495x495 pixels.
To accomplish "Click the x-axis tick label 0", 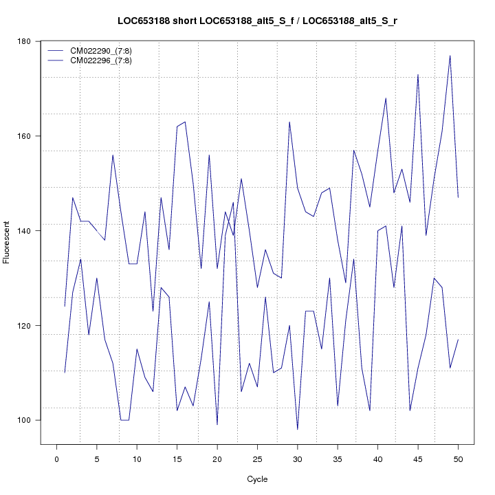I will click(56, 458).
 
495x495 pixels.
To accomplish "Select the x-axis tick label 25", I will click(257, 458).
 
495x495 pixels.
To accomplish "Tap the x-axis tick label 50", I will click(458, 458).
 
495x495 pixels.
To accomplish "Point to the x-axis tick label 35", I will click(338, 458).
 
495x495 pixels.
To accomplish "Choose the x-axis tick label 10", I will click(137, 458).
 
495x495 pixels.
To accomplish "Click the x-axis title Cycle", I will click(257, 479).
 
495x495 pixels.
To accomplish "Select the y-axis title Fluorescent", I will click(8, 242).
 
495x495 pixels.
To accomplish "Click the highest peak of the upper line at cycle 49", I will click(450, 56).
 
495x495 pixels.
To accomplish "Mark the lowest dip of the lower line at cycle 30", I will click(297, 429).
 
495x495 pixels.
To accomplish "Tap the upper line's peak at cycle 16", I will click(185, 122).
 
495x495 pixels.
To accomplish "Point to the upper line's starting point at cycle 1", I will click(65, 306).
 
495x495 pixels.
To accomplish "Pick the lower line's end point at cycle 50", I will click(458, 340).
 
